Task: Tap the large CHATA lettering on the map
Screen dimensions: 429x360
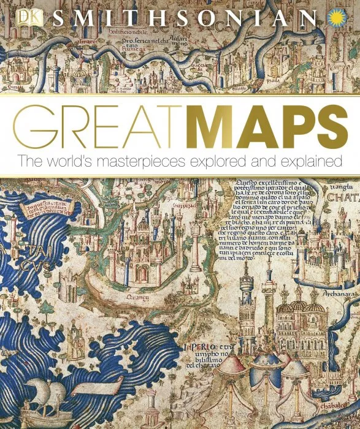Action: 343,197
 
